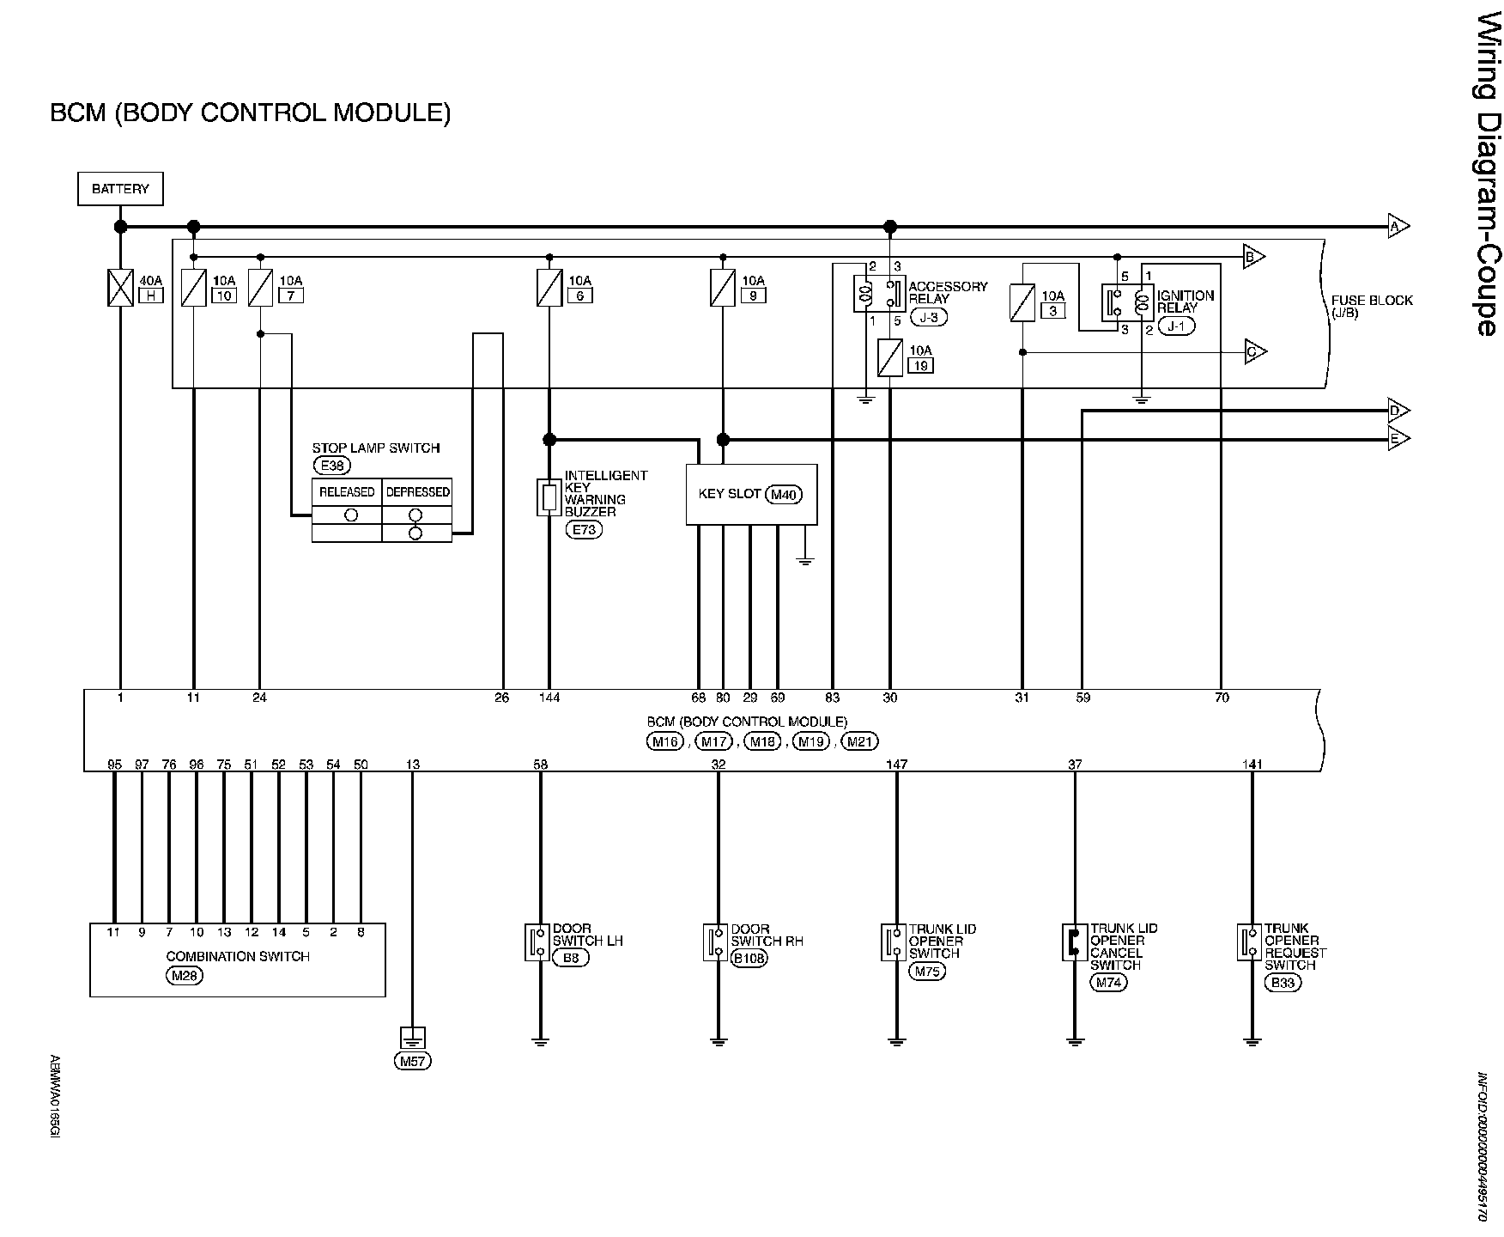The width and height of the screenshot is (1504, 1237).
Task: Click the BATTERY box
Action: coord(120,189)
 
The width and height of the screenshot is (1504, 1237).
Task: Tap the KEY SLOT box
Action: coord(751,495)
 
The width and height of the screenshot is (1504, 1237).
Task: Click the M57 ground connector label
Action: coord(413,1061)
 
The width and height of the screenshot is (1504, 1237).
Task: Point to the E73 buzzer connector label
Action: coord(584,529)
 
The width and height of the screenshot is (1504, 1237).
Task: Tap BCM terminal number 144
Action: coord(549,698)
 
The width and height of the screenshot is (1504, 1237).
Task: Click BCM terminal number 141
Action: coord(1252,764)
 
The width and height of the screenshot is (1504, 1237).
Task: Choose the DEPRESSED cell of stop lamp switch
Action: coord(417,492)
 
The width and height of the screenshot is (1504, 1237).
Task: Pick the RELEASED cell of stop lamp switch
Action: coord(347,492)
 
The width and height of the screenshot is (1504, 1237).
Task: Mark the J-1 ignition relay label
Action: coord(1176,326)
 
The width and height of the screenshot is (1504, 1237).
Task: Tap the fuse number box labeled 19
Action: coord(921,365)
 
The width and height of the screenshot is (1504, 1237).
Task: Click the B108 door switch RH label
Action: coord(749,958)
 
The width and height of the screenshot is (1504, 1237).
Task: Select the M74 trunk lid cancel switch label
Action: coord(1108,983)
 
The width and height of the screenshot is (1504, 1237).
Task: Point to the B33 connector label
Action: coord(1283,983)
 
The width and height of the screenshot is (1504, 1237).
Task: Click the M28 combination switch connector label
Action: coord(185,974)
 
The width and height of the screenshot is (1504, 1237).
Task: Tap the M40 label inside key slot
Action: coord(782,495)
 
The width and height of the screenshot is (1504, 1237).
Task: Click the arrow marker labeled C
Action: coord(1255,352)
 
